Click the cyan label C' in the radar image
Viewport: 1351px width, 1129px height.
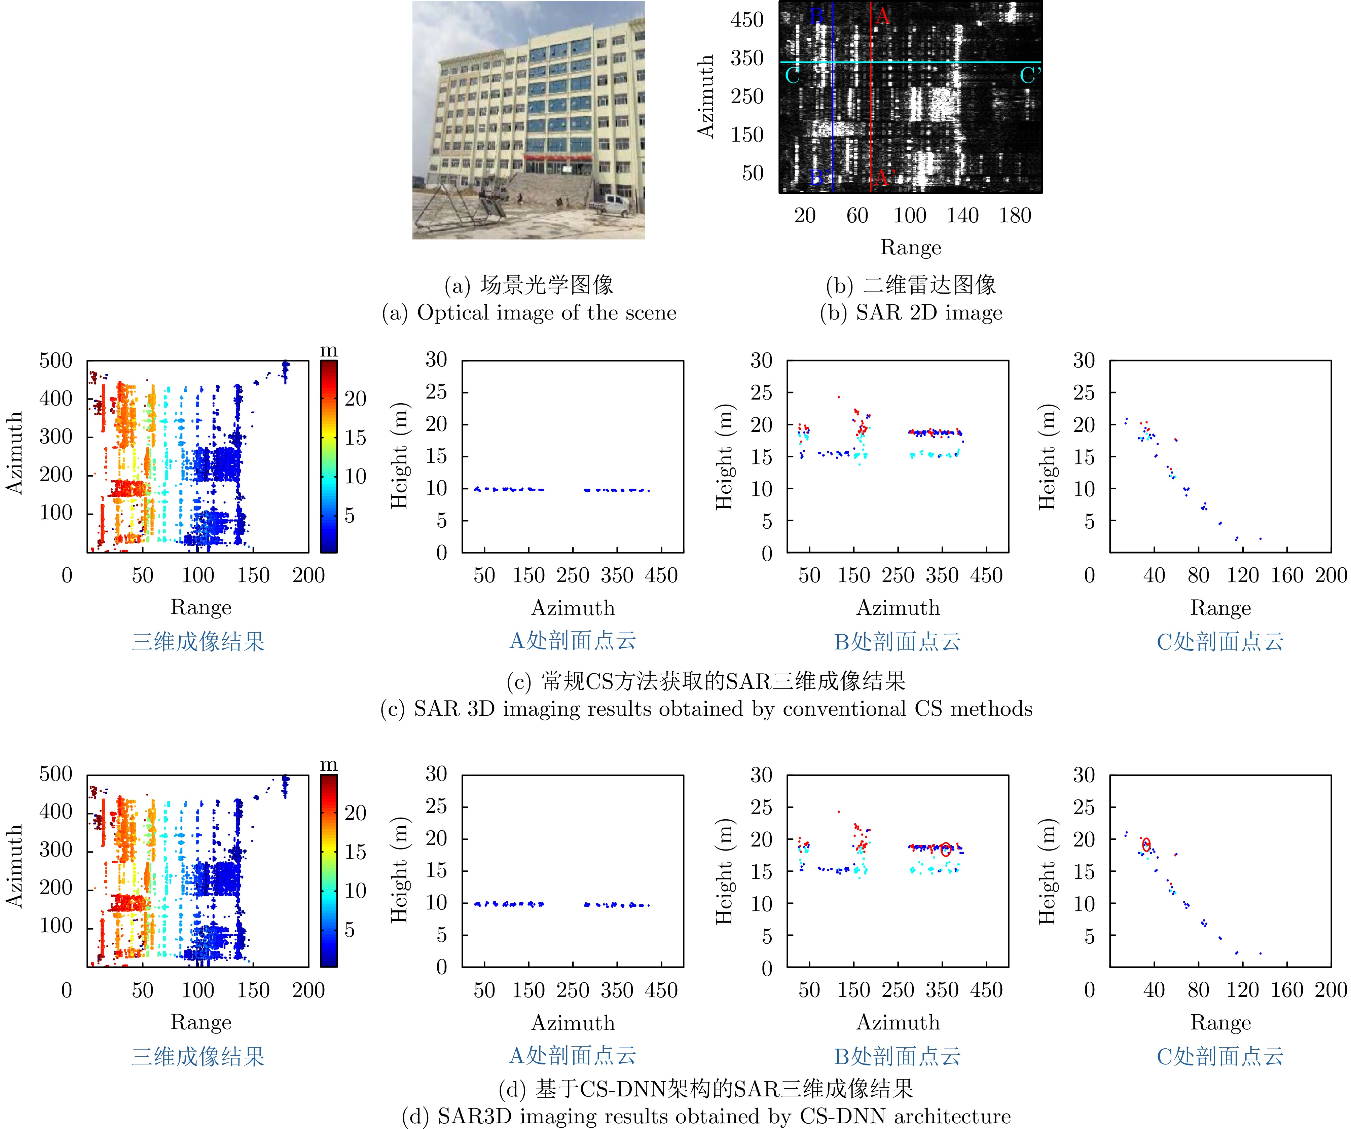pyautogui.click(x=1029, y=76)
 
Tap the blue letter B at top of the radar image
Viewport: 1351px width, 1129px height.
pyautogui.click(x=816, y=15)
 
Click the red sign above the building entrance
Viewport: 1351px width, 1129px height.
pyautogui.click(x=557, y=156)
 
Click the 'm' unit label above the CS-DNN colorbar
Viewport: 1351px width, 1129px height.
pyautogui.click(x=329, y=764)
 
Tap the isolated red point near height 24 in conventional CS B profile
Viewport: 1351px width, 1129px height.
pyautogui.click(x=838, y=397)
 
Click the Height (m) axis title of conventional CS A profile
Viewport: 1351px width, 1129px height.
pyautogui.click(x=399, y=457)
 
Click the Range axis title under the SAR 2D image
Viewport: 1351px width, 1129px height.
pyautogui.click(x=910, y=247)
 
